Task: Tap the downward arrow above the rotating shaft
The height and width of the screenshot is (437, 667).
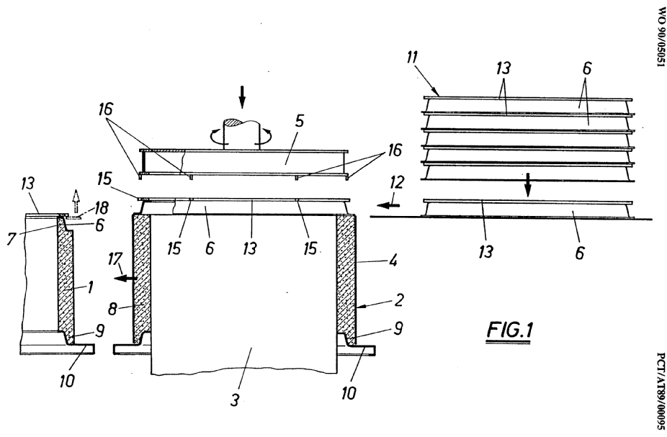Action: pyautogui.click(x=242, y=94)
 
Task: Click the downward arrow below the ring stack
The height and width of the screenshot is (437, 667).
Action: pyautogui.click(x=527, y=186)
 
